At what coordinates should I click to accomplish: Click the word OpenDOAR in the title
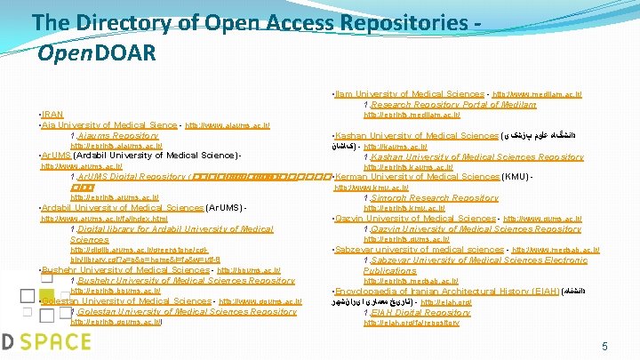click(98, 53)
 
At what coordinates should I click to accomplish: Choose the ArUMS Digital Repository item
click(132, 177)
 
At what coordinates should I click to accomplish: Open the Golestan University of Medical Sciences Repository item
click(187, 312)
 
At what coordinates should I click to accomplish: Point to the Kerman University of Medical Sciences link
click(418, 177)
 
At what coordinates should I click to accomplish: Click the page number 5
click(604, 345)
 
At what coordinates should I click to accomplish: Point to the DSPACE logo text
click(44, 342)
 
